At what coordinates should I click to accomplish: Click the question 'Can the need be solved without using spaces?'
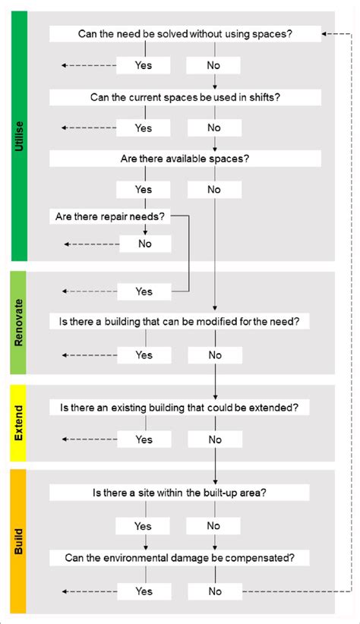click(x=185, y=33)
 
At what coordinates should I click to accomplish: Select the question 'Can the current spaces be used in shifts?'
click(x=185, y=97)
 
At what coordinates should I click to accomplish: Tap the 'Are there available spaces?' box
click(x=185, y=159)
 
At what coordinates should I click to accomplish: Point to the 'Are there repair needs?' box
click(x=110, y=216)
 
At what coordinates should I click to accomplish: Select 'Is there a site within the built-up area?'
click(x=179, y=493)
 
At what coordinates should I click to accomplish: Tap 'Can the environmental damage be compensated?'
click(x=179, y=558)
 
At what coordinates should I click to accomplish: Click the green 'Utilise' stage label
click(x=19, y=137)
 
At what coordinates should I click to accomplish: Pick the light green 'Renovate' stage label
click(x=19, y=322)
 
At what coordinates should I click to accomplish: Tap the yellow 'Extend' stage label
click(x=19, y=424)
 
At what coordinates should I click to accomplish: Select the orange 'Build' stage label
click(x=19, y=541)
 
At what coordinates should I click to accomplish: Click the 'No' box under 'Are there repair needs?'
click(x=144, y=244)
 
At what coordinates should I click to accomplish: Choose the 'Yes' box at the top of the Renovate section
click(x=144, y=292)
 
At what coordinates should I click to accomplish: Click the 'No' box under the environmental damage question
click(x=215, y=591)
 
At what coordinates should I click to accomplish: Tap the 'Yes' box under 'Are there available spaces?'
click(x=144, y=189)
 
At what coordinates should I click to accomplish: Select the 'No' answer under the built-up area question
click(x=213, y=526)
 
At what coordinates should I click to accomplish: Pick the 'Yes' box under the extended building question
click(x=144, y=440)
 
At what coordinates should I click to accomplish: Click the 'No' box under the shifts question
click(x=213, y=128)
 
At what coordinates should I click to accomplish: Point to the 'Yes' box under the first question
click(x=144, y=65)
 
